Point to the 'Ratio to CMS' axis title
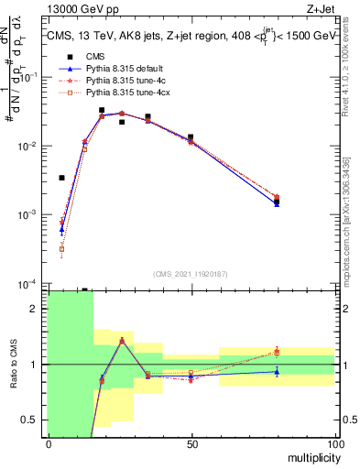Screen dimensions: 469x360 (13, 364)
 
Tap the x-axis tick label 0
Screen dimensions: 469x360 (48, 444)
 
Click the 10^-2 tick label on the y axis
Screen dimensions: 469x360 (28, 147)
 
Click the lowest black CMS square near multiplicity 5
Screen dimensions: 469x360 (61, 178)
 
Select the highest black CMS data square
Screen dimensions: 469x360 (102, 110)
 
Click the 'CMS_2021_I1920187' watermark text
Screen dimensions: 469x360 (191, 274)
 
